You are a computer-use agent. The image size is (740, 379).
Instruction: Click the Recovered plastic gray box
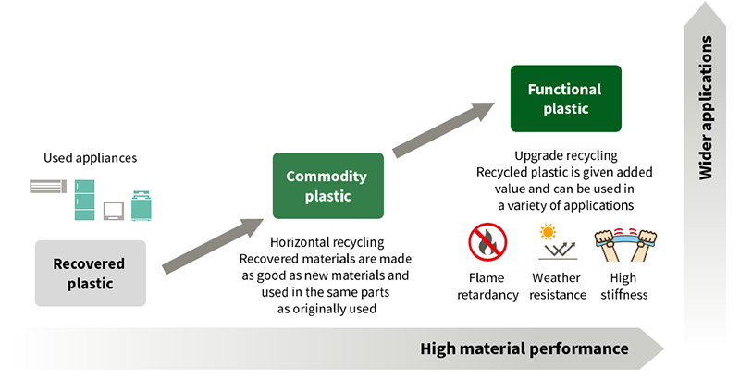(x=91, y=274)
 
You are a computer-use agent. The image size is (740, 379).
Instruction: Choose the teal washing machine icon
(x=142, y=205)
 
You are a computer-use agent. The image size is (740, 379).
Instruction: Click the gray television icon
(x=115, y=209)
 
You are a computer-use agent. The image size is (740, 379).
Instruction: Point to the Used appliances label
(x=90, y=158)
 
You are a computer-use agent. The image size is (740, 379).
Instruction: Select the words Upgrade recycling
(x=565, y=155)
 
